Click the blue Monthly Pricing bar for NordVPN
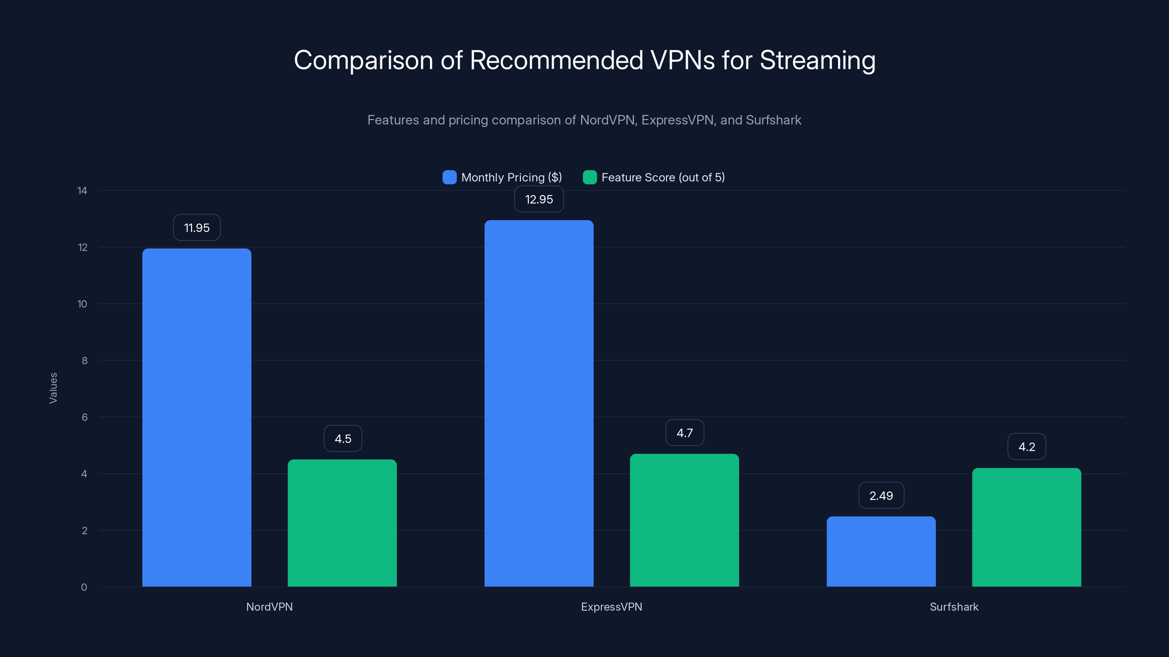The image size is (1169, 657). (197, 417)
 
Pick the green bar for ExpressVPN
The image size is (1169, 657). (684, 520)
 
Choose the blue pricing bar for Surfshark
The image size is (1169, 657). (881, 552)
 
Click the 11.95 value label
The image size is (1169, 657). (197, 228)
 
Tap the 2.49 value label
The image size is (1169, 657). (881, 496)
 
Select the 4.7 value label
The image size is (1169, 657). (684, 433)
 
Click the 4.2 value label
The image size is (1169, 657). (1027, 447)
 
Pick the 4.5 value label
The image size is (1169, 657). (343, 438)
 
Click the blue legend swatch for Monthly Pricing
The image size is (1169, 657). (449, 177)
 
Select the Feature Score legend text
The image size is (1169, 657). (663, 177)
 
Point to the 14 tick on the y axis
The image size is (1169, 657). (82, 191)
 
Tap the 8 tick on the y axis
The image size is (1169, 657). (84, 361)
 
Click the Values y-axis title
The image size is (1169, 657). (53, 388)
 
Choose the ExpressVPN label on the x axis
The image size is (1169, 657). (611, 607)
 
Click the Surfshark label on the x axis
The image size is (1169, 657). (954, 607)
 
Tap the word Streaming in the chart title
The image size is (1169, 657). (817, 60)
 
